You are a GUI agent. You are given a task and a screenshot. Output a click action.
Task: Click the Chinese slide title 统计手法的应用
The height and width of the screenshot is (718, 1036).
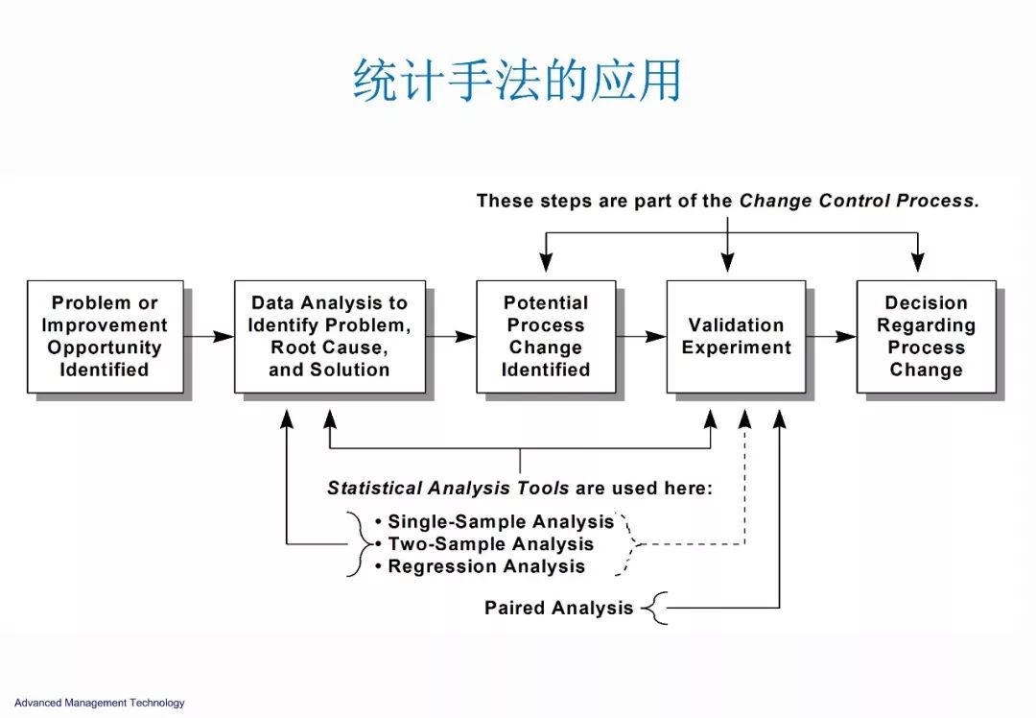tap(517, 81)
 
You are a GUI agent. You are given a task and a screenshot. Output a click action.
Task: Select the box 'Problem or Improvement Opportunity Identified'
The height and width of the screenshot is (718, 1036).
tap(105, 336)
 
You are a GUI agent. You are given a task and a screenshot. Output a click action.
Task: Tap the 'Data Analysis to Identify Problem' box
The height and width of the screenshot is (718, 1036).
tap(329, 336)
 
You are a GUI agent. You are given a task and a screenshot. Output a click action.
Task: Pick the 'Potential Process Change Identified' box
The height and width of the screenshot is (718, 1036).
tap(546, 336)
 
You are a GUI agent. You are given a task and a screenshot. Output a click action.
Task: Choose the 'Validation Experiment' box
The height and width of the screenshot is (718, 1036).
tap(736, 336)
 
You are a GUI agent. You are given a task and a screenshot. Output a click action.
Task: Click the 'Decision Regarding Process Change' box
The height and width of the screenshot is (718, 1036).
tap(926, 336)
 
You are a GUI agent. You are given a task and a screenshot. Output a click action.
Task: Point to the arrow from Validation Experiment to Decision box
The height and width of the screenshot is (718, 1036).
tap(831, 336)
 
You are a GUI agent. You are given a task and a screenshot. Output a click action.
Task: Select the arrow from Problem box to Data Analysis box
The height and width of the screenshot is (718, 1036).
tap(208, 336)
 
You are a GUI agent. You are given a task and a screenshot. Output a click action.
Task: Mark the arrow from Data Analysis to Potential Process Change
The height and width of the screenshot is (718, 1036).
tap(451, 336)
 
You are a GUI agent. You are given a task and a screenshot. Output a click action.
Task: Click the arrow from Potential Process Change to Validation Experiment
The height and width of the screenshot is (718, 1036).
tap(641, 336)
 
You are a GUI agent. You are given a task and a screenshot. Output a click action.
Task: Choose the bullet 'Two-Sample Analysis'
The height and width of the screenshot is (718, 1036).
tap(490, 544)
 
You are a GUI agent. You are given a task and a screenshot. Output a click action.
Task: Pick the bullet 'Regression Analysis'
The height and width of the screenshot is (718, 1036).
tap(486, 566)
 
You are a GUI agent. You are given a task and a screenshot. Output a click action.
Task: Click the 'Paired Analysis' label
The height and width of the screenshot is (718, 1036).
tap(558, 608)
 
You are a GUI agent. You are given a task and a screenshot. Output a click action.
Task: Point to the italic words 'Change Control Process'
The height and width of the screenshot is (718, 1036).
tap(858, 202)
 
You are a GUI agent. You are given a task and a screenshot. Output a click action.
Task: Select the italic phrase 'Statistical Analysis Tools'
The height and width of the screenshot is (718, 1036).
tap(448, 488)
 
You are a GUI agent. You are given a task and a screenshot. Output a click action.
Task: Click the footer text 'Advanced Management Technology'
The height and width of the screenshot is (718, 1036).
tap(100, 703)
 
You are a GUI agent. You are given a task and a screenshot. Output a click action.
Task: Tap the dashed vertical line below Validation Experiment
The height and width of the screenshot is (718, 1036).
tap(744, 480)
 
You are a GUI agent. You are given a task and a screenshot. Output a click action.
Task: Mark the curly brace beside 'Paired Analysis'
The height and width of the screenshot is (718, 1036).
tap(654, 608)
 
